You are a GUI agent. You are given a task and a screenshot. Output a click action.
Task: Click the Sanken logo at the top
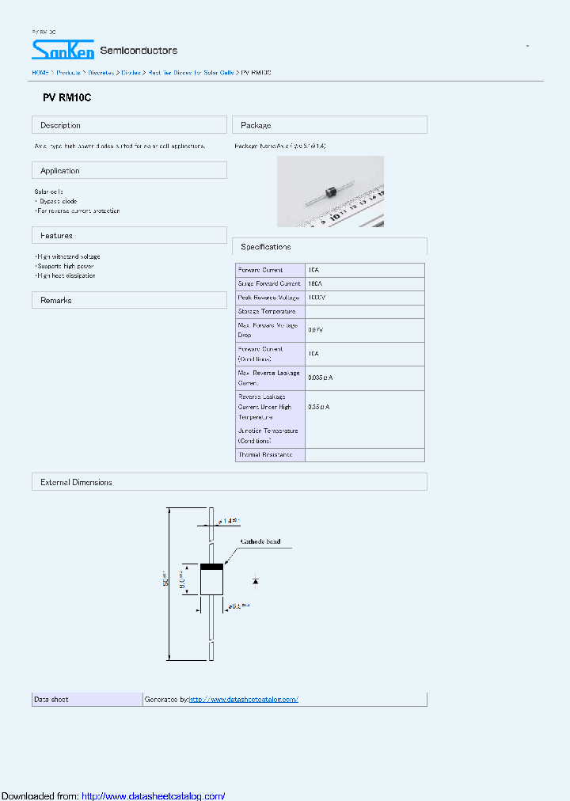tap(63, 50)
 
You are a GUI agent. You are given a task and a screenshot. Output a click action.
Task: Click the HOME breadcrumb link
tap(40, 72)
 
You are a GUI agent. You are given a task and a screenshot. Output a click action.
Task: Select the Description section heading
tap(60, 125)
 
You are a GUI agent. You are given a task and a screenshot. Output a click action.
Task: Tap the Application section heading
tap(60, 171)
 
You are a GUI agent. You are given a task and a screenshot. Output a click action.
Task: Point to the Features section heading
tap(56, 236)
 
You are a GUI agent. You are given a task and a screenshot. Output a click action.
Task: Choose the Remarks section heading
tap(56, 301)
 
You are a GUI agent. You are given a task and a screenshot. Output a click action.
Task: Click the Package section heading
tap(256, 125)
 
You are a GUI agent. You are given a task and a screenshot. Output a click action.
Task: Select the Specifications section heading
tap(266, 247)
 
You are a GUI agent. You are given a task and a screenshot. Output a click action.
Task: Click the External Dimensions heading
tap(76, 482)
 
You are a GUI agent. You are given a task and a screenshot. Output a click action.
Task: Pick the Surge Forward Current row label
tap(269, 283)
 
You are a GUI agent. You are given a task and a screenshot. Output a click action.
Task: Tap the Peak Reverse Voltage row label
tap(269, 297)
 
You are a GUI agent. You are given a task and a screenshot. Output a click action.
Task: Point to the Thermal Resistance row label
tap(265, 455)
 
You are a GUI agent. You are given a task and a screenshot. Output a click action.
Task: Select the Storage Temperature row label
tap(267, 311)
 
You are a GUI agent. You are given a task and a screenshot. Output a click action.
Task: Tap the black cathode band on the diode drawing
tap(211, 566)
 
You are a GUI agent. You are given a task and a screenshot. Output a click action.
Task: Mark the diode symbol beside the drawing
tap(255, 581)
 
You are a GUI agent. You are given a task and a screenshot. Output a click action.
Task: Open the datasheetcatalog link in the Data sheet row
tap(244, 700)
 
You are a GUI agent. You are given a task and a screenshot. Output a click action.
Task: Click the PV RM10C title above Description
tap(67, 99)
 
